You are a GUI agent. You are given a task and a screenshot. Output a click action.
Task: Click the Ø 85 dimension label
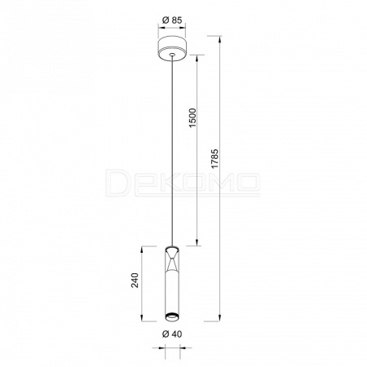coord(172,20)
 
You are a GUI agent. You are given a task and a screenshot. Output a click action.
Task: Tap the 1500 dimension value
coord(192,118)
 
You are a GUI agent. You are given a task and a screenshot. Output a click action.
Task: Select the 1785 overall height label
coord(215,159)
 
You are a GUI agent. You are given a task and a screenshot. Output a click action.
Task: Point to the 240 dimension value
coord(135,280)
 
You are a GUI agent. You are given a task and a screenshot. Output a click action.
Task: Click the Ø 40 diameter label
coord(172,334)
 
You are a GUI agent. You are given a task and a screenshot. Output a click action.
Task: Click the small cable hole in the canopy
coord(172,55)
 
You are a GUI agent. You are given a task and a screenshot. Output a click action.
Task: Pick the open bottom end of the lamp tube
coord(172,316)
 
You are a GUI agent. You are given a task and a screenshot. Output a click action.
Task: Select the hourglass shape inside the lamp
coord(172,260)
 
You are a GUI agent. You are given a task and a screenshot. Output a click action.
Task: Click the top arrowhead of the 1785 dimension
coord(220,39)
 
